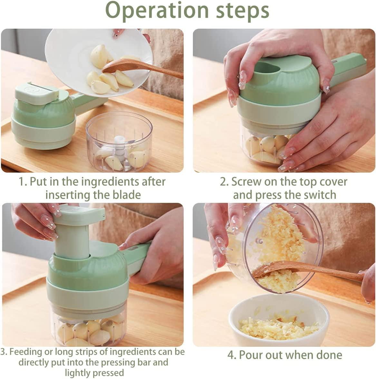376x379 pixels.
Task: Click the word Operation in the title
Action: tap(157, 11)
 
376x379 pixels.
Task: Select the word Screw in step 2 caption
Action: tap(246, 182)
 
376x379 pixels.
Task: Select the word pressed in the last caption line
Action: tap(109, 373)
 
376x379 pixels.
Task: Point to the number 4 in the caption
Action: tap(231, 355)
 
